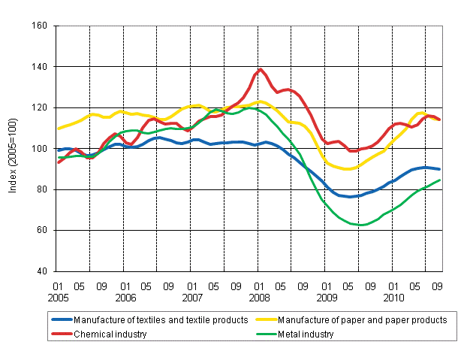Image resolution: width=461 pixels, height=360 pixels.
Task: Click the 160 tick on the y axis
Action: click(41, 26)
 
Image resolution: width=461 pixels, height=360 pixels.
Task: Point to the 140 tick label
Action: click(41, 67)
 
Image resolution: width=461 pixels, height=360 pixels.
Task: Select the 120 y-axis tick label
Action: click(41, 107)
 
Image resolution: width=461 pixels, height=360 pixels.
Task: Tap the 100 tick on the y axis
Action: click(41, 149)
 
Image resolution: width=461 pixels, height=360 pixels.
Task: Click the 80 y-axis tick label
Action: click(43, 189)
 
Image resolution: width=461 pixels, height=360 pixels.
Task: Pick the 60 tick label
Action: click(43, 230)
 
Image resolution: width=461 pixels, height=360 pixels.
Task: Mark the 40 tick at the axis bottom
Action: click(43, 271)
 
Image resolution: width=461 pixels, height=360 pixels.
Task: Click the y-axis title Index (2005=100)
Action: click(14, 149)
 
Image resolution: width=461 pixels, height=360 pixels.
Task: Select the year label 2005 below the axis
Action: click(57, 296)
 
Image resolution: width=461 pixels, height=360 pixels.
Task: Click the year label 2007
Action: click(191, 296)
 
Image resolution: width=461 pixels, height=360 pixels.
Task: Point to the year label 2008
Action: click(258, 296)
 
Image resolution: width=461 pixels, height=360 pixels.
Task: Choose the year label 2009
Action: click(325, 296)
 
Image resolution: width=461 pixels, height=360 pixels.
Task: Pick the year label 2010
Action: click(393, 296)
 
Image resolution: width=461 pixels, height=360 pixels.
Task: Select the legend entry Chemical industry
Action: click(111, 334)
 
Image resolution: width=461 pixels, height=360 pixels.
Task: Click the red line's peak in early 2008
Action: click(261, 70)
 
